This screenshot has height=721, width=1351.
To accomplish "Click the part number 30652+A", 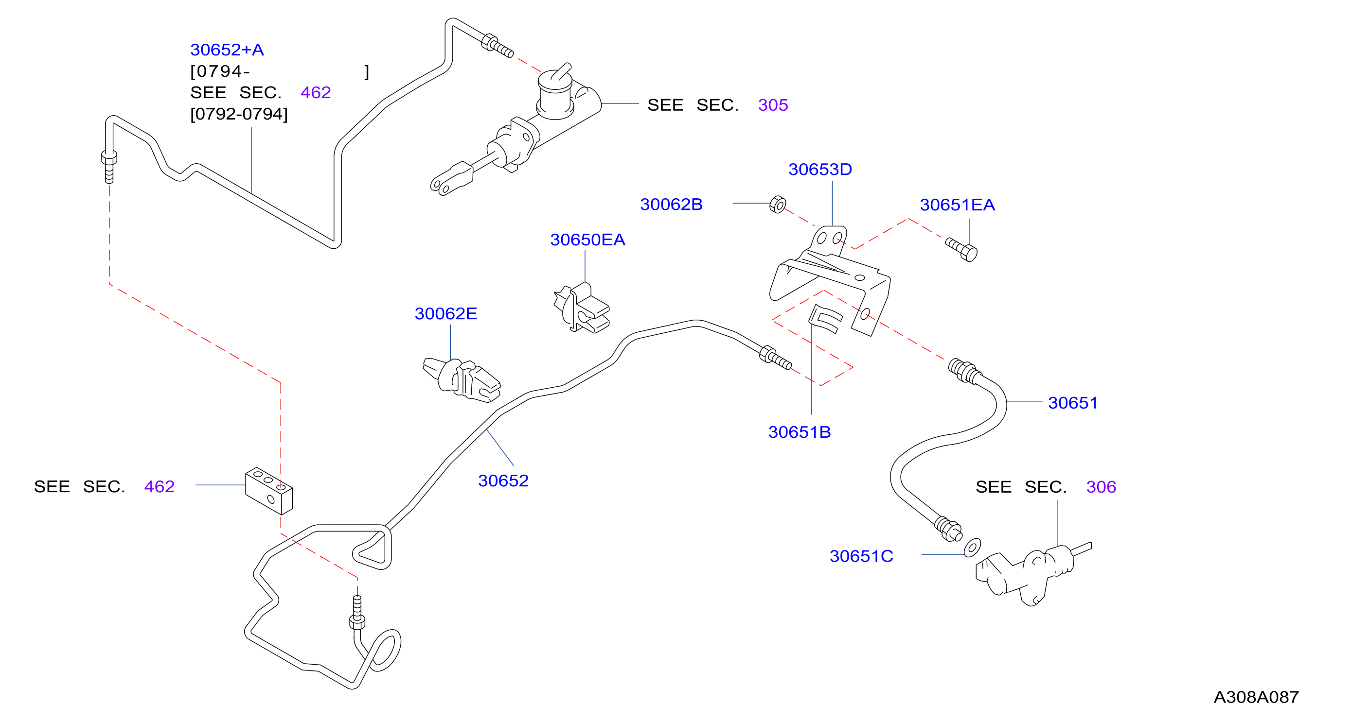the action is pos(227,50).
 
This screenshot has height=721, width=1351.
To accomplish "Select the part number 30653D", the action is pos(820,169).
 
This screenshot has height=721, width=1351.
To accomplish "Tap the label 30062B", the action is pos(671,205).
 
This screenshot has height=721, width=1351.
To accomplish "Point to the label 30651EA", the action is pos(957,205).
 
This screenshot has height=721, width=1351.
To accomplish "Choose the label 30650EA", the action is pos(587,240).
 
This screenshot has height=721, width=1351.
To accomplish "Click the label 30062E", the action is pos(446,314).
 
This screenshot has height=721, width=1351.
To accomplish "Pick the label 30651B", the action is pos(800,432).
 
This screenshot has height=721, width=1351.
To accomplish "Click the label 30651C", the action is pos(861,556).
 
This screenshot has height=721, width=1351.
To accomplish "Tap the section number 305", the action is pos(773,105).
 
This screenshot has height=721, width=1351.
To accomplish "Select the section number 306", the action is pos(1101,487).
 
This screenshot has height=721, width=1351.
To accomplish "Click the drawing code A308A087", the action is pos(1256,697).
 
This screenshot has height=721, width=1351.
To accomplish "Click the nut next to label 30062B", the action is pos(778,204).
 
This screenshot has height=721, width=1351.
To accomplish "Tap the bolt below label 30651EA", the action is pos(962,249).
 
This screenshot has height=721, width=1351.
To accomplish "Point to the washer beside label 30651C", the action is pos(972,548).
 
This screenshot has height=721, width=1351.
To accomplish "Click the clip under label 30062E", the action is pos(462,380).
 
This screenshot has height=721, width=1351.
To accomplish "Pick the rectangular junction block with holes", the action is pos(269,491).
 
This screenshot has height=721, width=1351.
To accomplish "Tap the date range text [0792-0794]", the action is pos(239,114).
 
